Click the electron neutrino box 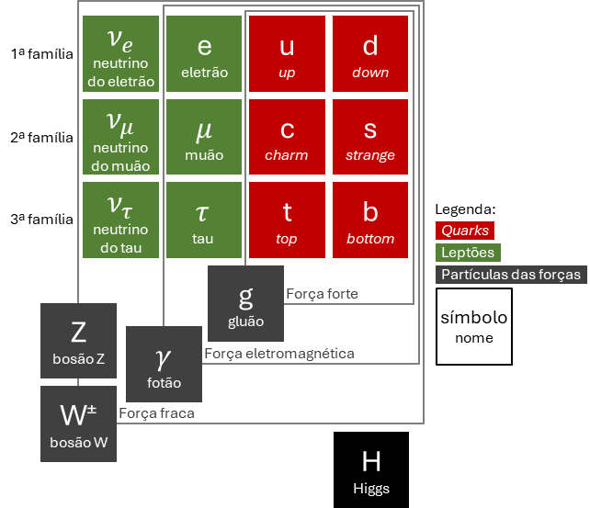tap(120, 54)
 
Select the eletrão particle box tap(204, 54)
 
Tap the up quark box tap(287, 54)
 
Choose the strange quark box tap(370, 137)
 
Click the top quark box tap(287, 220)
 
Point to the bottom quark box tap(370, 220)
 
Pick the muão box tap(204, 137)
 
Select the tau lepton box tap(204, 220)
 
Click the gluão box tap(245, 303)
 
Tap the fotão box tap(165, 364)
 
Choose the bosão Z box tap(79, 341)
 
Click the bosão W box tap(79, 423)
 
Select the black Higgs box tap(371, 469)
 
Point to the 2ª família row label tap(41, 138)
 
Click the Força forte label tap(322, 294)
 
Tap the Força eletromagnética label tap(279, 354)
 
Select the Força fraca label tap(156, 413)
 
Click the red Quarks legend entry tap(465, 231)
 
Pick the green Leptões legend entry tap(468, 253)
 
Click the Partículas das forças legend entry tap(511, 275)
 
